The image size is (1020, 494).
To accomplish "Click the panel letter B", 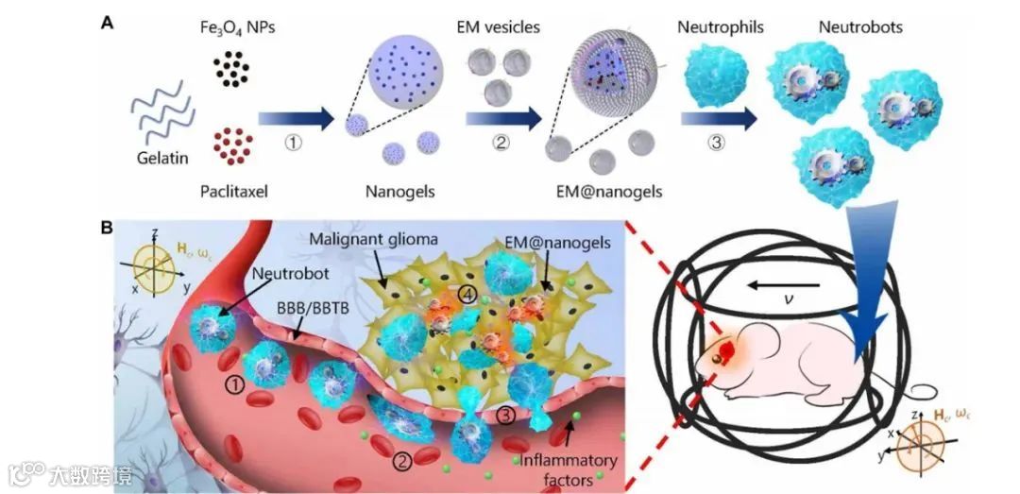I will [109, 228].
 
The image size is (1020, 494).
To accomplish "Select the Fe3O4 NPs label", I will [244, 28].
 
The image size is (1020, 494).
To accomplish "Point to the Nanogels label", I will [398, 192].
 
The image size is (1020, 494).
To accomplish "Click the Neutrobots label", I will [860, 27].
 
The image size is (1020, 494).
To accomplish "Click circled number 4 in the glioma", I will [467, 294].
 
